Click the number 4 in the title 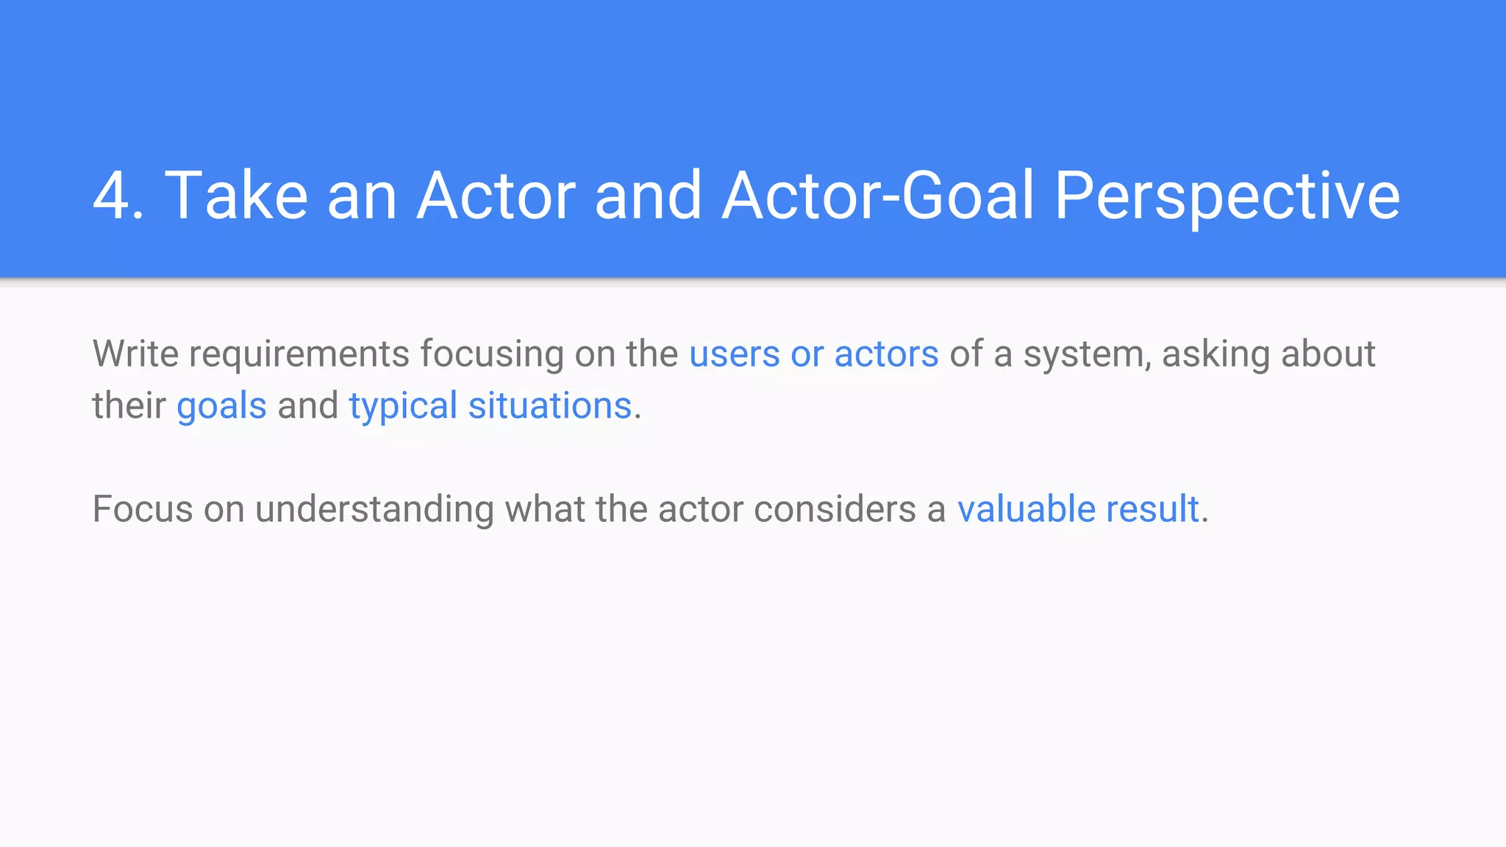click(x=111, y=196)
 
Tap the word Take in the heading click(x=236, y=196)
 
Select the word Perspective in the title click(x=1227, y=196)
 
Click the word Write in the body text click(x=135, y=354)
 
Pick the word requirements click(x=299, y=354)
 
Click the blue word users click(x=734, y=354)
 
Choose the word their click(x=129, y=405)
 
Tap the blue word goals click(x=221, y=407)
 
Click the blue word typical click(x=403, y=407)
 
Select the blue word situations click(x=550, y=405)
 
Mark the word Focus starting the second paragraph click(x=142, y=509)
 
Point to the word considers click(x=835, y=509)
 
